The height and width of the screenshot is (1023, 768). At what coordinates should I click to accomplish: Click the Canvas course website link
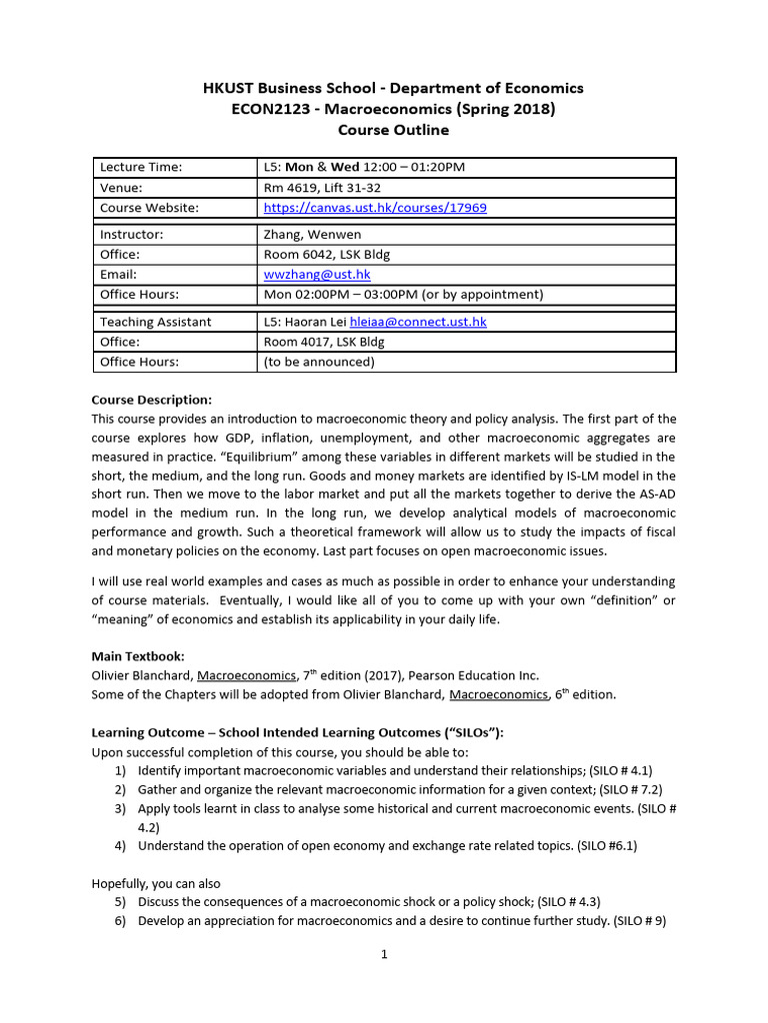point(375,208)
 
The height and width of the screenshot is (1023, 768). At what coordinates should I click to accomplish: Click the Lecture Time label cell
point(141,168)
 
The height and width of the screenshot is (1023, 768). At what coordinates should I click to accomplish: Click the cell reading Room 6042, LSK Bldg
point(324,254)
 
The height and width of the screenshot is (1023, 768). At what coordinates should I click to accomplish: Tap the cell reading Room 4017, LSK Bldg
point(324,342)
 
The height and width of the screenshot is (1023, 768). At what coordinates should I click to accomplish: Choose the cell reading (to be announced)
point(319,362)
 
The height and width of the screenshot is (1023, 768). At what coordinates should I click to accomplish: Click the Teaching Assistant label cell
point(155,322)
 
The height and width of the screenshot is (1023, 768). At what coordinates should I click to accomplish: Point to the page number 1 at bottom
point(384,954)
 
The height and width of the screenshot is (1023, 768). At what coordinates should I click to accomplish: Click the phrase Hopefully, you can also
point(156,883)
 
